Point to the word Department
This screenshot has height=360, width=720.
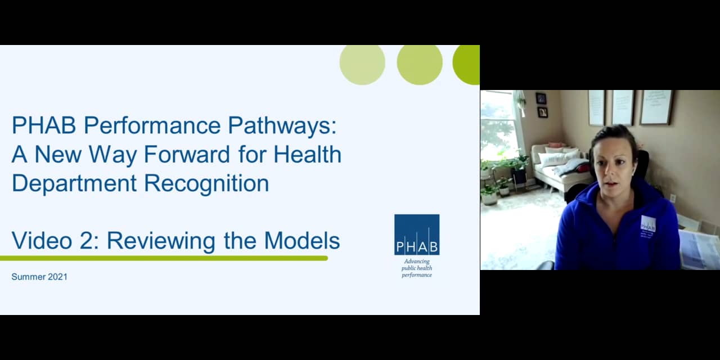tap(72, 183)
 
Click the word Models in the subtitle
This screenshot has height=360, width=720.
tap(302, 241)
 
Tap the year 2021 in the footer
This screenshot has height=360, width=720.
tap(57, 277)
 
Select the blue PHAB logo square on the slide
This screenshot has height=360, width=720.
tap(417, 235)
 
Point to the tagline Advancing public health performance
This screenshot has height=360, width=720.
tap(417, 268)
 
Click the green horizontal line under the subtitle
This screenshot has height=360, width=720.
tap(163, 258)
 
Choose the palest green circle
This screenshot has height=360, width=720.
tap(362, 64)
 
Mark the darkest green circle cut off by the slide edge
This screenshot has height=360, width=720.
tap(467, 64)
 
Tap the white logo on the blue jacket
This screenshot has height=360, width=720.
tap(648, 224)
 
